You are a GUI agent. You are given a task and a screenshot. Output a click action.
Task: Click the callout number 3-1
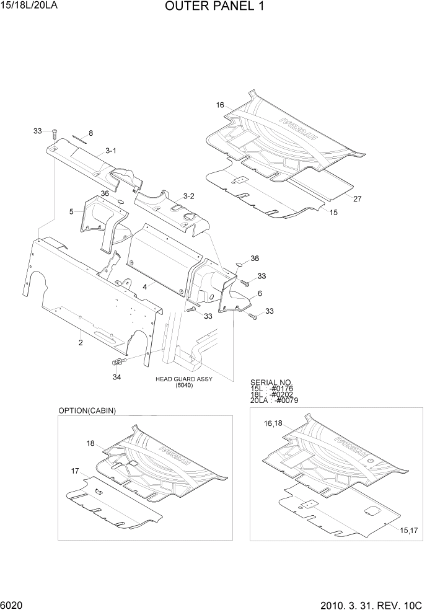click(111, 151)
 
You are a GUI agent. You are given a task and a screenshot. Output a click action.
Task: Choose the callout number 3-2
click(187, 196)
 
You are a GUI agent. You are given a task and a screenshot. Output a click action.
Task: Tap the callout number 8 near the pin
click(90, 133)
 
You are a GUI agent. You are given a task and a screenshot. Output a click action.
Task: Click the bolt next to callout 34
click(117, 362)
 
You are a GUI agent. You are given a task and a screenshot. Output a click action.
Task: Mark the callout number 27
click(358, 199)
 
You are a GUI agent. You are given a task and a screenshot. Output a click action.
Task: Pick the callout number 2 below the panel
click(81, 341)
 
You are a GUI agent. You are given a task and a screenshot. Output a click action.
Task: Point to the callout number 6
click(260, 293)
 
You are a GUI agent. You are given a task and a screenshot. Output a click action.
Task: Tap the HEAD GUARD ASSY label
click(183, 378)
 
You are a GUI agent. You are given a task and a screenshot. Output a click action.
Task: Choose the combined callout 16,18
click(273, 423)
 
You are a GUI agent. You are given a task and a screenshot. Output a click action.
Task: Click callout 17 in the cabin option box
click(74, 471)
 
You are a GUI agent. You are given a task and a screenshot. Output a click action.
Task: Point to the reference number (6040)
click(184, 386)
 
